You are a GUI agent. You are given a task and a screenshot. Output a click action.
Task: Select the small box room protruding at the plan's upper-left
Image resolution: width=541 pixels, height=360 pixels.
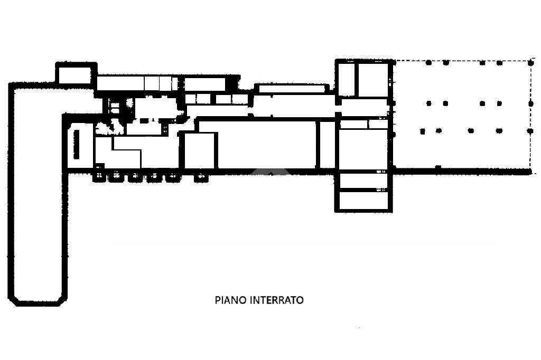[76, 74]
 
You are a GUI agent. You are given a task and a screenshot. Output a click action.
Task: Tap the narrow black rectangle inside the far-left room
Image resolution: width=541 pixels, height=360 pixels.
[76, 144]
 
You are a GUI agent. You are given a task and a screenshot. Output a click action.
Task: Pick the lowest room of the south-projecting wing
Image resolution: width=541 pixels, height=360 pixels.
[363, 201]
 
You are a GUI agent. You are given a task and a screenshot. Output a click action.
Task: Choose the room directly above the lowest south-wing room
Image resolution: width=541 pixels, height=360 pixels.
[363, 181]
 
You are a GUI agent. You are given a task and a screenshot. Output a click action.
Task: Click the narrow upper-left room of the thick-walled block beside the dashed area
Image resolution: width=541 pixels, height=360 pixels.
[346, 80]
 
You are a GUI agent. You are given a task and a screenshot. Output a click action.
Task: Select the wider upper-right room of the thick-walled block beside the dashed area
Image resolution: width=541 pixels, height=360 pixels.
[374, 80]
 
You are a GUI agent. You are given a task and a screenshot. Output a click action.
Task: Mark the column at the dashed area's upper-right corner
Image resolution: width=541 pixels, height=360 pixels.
[531, 63]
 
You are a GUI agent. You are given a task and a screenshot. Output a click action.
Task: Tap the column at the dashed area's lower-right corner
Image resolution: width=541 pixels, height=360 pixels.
[530, 171]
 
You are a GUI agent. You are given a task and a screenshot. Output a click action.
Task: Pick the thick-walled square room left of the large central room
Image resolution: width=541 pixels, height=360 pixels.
[199, 150]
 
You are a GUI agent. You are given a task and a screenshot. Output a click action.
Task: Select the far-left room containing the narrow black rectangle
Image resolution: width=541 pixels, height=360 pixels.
[80, 146]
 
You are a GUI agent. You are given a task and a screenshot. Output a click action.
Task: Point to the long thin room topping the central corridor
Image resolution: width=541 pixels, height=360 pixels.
[292, 89]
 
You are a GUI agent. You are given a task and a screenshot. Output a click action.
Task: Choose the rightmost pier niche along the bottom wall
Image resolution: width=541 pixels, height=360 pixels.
[201, 177]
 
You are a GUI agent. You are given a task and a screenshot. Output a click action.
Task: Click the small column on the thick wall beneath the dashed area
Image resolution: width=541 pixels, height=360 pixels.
[438, 168]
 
